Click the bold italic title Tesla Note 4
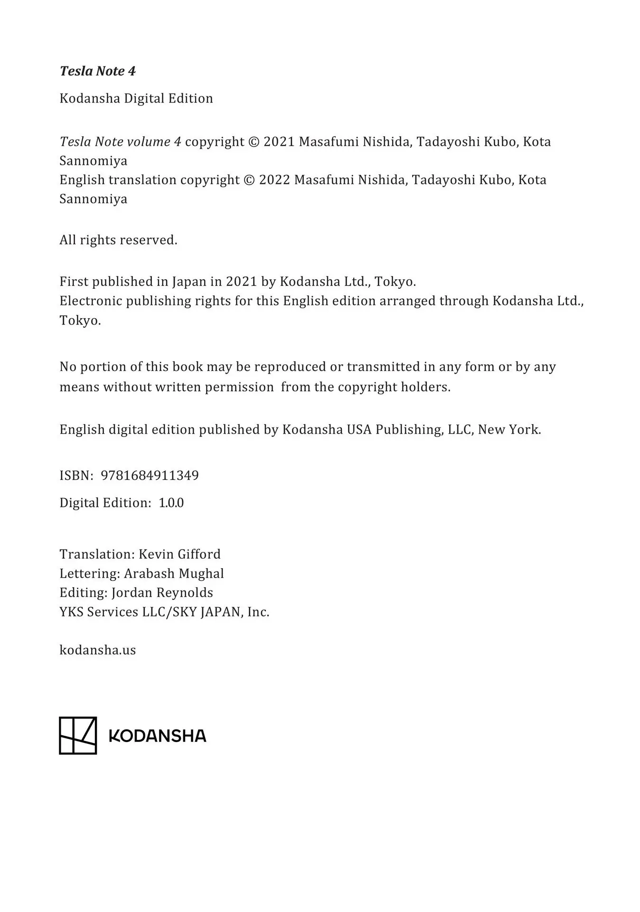click(x=97, y=71)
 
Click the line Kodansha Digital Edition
click(x=136, y=99)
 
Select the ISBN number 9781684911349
click(x=150, y=475)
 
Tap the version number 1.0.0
click(x=171, y=503)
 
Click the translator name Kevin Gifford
click(x=179, y=554)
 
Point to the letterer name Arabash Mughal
click(x=174, y=574)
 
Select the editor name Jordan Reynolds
click(x=162, y=593)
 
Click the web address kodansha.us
click(x=97, y=650)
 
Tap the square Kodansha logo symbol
click(x=78, y=735)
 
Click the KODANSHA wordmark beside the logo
click(x=158, y=736)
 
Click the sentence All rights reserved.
click(x=118, y=240)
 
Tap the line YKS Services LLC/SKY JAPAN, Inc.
click(x=164, y=612)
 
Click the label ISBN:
click(x=76, y=475)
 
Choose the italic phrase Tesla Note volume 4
click(x=120, y=142)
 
